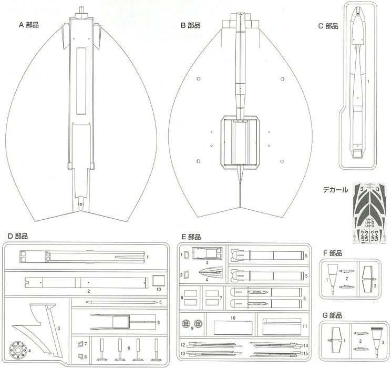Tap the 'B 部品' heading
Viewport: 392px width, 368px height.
[191, 24]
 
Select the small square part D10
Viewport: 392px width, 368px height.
[158, 280]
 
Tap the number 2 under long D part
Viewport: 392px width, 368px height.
[89, 291]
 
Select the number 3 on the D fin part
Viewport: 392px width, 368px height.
[59, 329]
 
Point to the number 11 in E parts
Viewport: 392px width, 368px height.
[304, 326]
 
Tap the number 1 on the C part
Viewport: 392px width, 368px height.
[368, 81]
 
